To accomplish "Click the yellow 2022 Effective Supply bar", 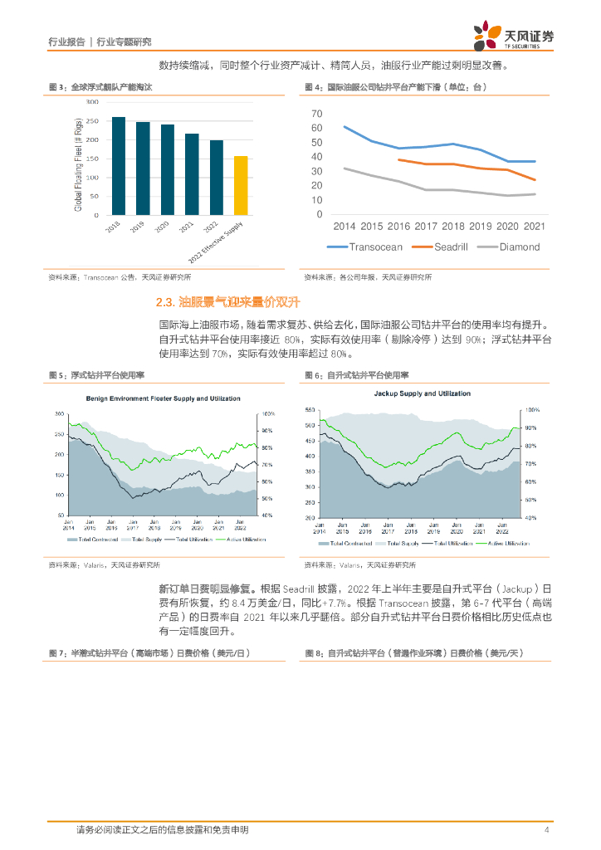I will point(241,185).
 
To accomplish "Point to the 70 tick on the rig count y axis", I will point(316,113).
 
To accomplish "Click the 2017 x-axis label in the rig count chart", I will point(426,226).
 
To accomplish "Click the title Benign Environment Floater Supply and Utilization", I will point(164,398).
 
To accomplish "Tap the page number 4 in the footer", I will point(547,829).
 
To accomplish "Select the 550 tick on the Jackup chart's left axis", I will point(310,410).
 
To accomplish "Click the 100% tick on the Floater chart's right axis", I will point(268,413).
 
